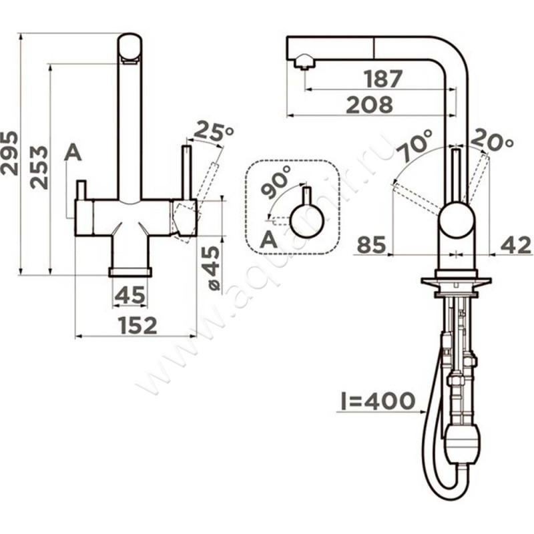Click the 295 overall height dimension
click(9, 153)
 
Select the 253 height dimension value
click(39, 168)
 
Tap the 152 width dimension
click(138, 325)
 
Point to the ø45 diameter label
click(214, 268)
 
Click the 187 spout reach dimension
click(383, 79)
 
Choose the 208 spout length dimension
click(370, 105)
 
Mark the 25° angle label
click(213, 130)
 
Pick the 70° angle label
click(415, 146)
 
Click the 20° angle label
click(492, 139)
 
